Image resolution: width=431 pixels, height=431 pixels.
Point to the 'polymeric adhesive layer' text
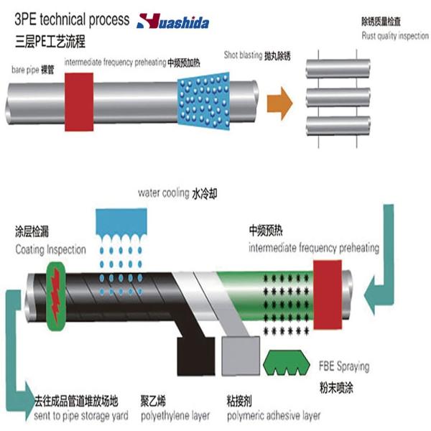coord(274,415)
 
